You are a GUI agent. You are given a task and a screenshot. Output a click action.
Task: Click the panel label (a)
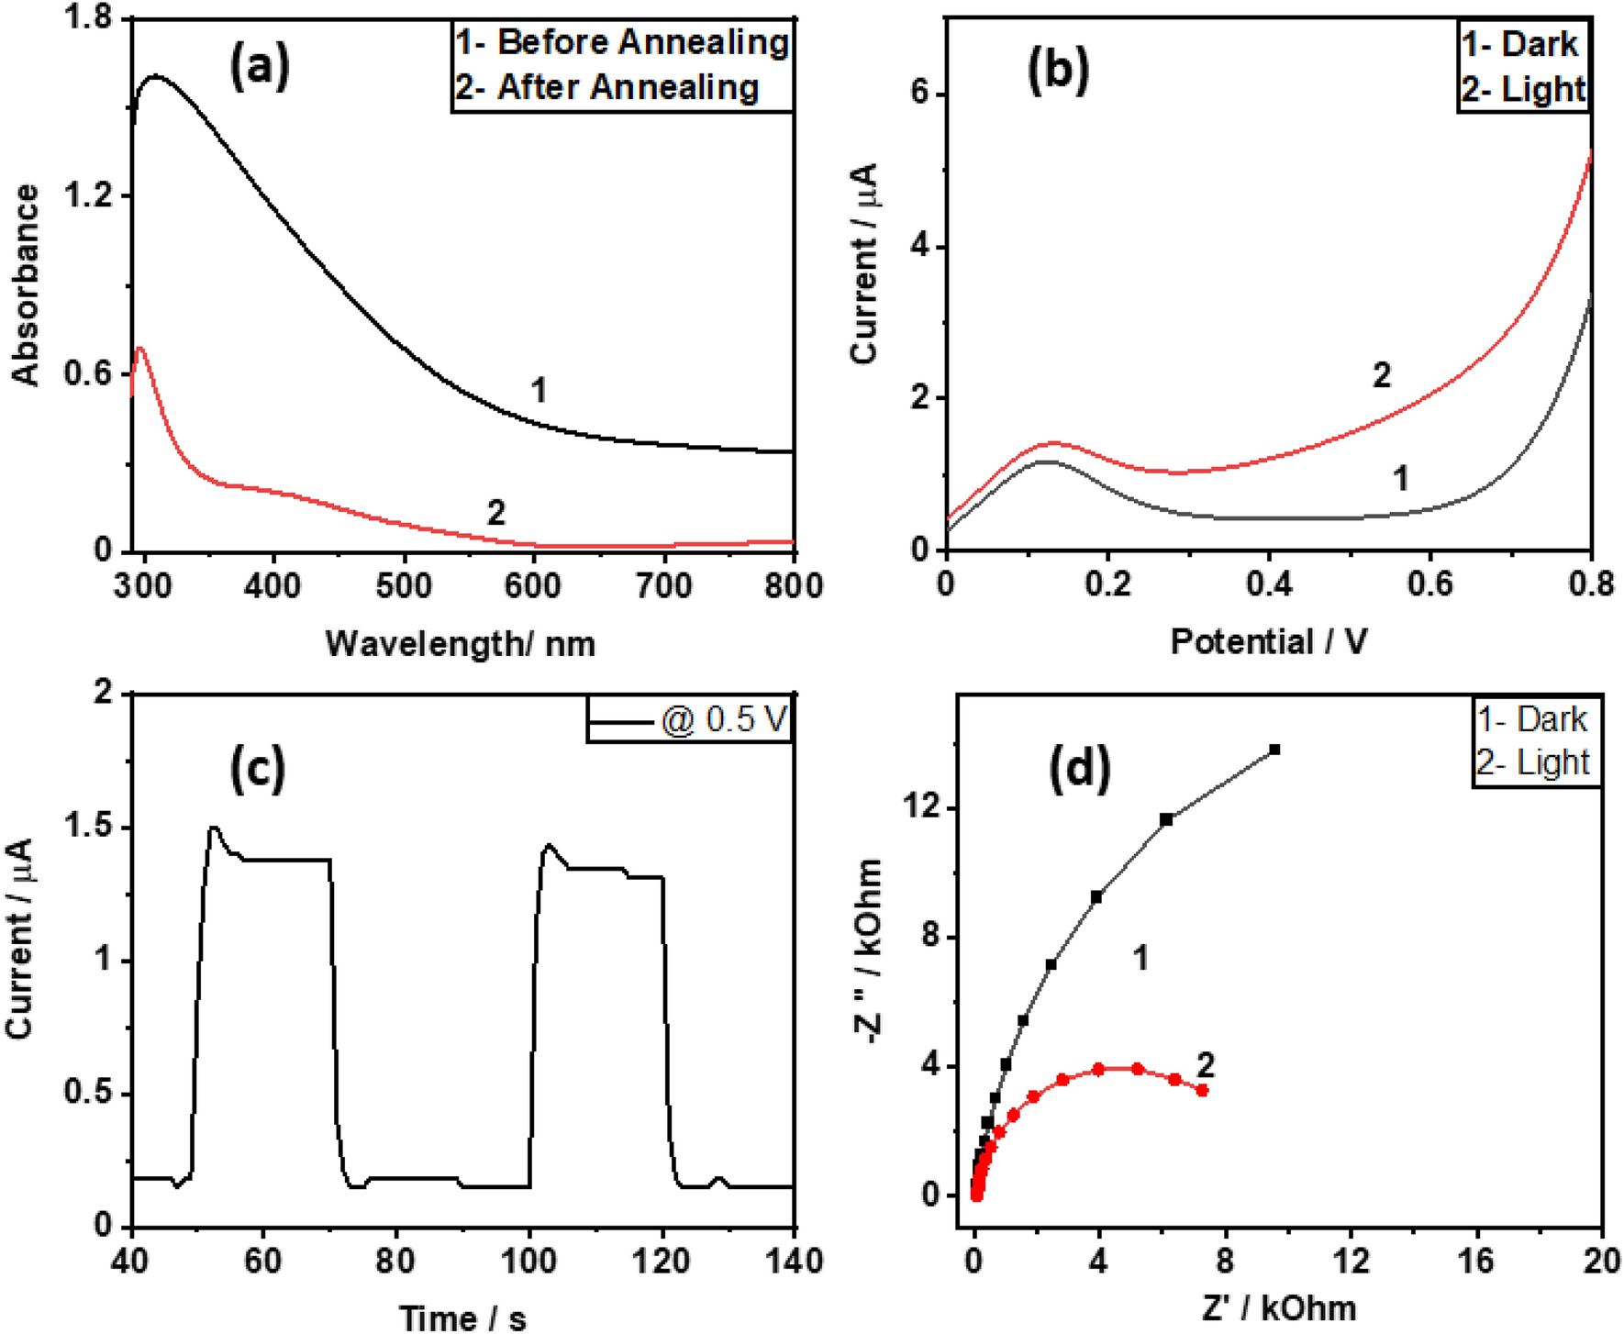click(259, 68)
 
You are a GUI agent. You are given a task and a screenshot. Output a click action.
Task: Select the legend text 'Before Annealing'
click(642, 42)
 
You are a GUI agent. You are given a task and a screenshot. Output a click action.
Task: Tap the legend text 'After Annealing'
click(628, 87)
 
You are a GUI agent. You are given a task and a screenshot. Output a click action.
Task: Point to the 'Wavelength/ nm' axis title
click(461, 643)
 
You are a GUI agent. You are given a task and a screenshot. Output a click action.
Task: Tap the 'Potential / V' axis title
click(1269, 641)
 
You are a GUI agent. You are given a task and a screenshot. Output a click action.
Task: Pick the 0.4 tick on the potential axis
click(1269, 585)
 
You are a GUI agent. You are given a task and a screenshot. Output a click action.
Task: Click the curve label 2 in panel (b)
click(1381, 374)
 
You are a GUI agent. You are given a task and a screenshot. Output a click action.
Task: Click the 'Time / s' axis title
click(463, 1318)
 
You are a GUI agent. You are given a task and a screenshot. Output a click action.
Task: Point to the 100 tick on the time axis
click(529, 1262)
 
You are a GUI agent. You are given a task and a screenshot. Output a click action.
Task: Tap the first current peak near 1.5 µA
click(214, 828)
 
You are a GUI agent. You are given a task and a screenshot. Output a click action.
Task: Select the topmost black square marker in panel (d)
click(1274, 750)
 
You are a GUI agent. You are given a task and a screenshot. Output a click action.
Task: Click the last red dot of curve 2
click(1202, 1090)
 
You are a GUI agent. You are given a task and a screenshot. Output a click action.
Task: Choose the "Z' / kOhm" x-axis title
click(1278, 1307)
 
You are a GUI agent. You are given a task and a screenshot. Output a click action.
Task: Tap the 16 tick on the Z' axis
click(1476, 1262)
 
